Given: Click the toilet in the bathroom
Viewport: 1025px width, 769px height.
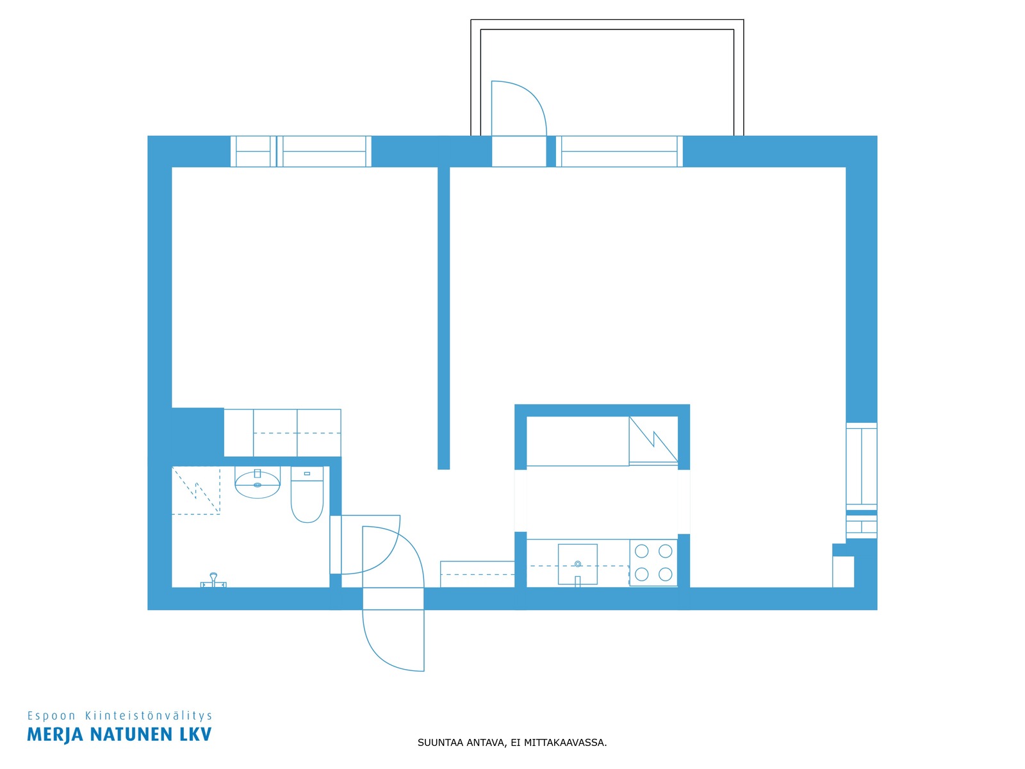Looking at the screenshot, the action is click(307, 494).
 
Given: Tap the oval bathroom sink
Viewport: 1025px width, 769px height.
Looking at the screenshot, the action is click(258, 484).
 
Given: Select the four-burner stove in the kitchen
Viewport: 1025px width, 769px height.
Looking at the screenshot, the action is click(653, 563).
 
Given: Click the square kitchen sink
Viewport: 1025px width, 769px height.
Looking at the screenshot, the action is click(578, 564).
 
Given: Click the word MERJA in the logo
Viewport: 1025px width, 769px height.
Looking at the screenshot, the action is click(55, 734).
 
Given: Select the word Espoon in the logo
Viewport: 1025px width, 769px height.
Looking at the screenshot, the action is click(51, 716).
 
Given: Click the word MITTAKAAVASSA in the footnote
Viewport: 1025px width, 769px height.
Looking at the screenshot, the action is click(565, 742).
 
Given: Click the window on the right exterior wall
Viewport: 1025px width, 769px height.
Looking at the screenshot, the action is click(862, 481).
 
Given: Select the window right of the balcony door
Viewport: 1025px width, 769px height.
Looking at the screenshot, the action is click(619, 151).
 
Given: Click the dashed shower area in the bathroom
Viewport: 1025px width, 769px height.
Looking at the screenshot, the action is click(196, 490).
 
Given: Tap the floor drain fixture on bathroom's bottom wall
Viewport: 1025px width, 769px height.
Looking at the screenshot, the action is click(213, 580).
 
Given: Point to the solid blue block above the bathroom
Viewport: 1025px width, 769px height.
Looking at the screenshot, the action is click(197, 432).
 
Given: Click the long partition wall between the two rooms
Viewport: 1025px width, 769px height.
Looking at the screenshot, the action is click(443, 318).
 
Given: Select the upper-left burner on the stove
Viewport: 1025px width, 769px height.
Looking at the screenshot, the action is click(642, 551).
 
